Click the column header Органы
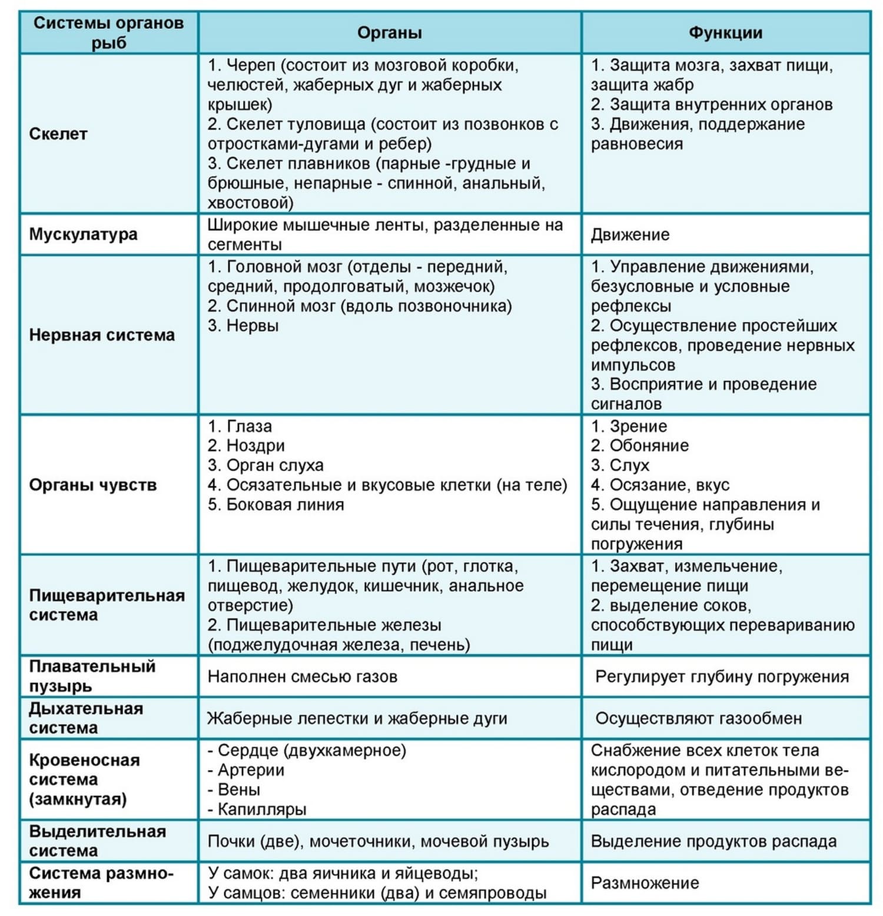tap(389, 32)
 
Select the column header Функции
tap(725, 32)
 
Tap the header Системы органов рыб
tap(108, 32)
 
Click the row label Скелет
tap(58, 134)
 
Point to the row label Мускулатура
tap(83, 234)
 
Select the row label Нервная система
tap(102, 335)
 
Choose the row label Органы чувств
tap(93, 485)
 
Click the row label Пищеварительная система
tap(107, 605)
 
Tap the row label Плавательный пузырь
tap(92, 676)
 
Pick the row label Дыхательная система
tap(86, 718)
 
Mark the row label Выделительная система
tap(97, 841)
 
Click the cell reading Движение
tap(630, 235)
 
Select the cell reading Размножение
tap(645, 883)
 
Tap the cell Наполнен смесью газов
tap(303, 677)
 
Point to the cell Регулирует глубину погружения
tap(722, 677)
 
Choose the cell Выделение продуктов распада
tap(713, 841)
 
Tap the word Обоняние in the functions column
tap(649, 446)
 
